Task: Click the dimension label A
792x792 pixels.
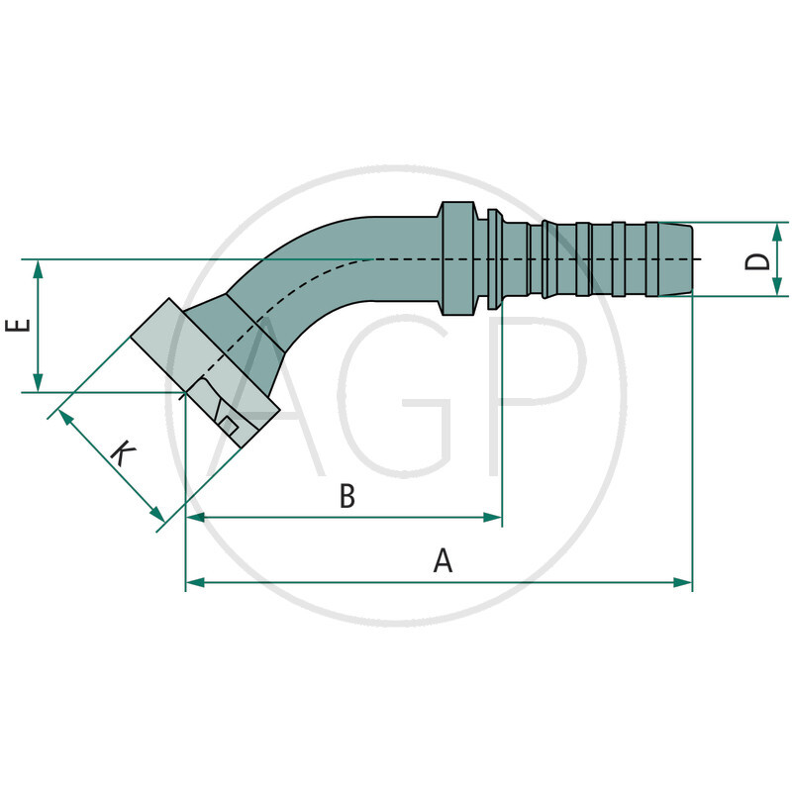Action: (443, 560)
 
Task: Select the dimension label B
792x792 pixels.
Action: (346, 496)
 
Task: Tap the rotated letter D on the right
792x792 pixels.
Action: (757, 260)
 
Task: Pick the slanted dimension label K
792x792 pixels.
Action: (122, 454)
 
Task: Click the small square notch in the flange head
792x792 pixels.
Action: (227, 425)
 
